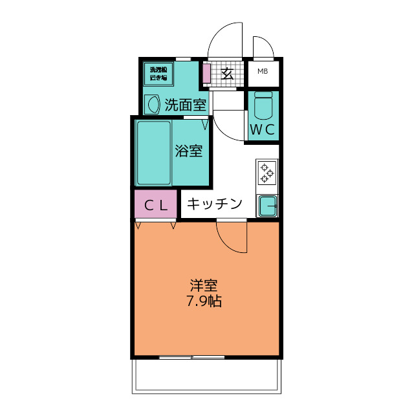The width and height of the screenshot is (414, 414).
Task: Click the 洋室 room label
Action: (204, 285)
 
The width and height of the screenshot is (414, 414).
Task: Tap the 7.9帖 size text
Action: (204, 301)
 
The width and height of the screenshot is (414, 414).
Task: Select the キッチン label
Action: (215, 204)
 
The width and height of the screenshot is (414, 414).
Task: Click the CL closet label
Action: (155, 206)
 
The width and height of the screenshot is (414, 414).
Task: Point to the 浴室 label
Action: (190, 151)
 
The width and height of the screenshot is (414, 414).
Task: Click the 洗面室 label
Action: (185, 105)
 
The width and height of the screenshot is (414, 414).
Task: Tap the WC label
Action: (263, 129)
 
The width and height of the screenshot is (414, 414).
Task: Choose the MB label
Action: (264, 72)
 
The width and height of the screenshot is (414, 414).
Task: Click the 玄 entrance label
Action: (228, 73)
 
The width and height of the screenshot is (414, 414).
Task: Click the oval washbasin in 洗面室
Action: (153, 104)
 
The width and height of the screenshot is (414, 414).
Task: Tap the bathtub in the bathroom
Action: (153, 152)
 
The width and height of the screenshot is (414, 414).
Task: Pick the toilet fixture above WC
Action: (263, 103)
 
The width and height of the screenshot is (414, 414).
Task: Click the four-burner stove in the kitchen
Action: (267, 173)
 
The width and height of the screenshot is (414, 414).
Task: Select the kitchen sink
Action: (267, 206)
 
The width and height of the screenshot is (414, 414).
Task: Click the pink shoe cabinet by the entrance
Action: (206, 73)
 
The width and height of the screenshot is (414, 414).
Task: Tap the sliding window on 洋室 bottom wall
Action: (191, 357)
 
